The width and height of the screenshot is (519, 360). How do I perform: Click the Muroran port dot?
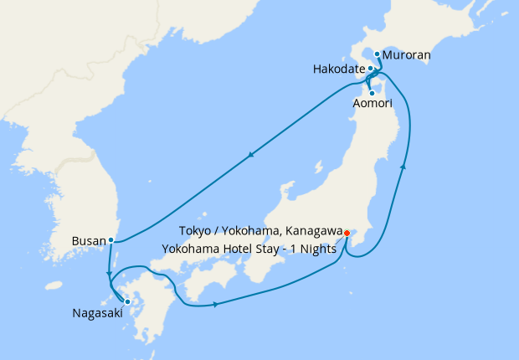(x=377, y=54)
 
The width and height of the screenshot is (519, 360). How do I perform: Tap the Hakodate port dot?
(x=370, y=68)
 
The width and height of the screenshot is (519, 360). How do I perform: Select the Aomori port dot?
(x=371, y=92)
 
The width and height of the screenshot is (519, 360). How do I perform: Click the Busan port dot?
(x=110, y=240)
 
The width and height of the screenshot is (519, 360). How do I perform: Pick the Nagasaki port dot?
(x=127, y=301)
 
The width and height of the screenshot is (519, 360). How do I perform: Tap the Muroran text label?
(x=406, y=56)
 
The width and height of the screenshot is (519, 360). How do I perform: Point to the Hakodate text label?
(x=338, y=69)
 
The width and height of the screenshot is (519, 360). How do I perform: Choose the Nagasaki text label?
(x=94, y=316)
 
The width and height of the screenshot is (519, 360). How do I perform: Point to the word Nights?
(x=317, y=247)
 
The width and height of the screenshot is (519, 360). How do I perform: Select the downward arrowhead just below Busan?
(x=109, y=272)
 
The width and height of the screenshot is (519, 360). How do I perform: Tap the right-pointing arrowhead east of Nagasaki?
(x=217, y=304)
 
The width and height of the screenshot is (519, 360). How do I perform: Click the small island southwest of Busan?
(x=54, y=285)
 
